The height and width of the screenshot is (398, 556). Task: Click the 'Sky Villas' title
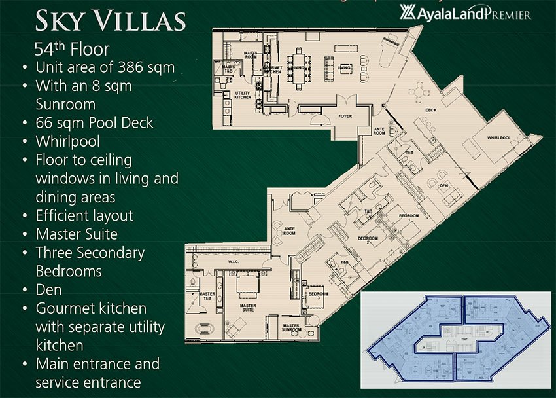point(111,21)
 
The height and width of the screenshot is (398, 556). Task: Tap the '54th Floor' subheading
point(72,48)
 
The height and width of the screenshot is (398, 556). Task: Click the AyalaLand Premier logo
point(465,12)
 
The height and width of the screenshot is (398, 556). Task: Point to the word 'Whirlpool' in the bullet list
point(67,141)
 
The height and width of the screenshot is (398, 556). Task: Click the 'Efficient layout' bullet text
point(84,215)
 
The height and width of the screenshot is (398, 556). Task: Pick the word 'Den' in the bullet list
point(48,289)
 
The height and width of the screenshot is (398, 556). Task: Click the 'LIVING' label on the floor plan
point(344,68)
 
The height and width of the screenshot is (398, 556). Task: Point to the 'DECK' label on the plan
point(430,110)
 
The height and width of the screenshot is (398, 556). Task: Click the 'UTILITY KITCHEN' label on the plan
point(243,95)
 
